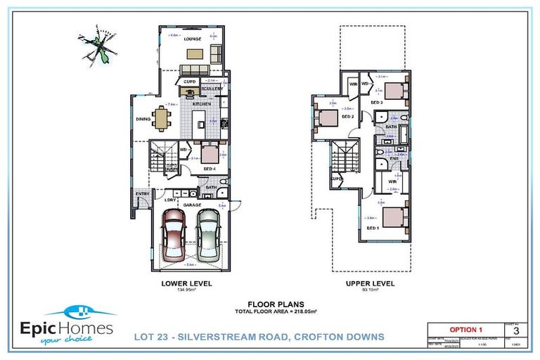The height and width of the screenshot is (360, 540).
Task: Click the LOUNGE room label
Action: [193, 39]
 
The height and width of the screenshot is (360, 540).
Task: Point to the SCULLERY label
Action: [212, 89]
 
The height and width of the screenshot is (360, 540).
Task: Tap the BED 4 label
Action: [210, 169]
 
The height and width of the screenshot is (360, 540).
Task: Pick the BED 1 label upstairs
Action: [373, 229]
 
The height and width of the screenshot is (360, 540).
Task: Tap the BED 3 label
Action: [377, 103]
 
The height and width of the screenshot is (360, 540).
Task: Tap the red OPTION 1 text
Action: [465, 329]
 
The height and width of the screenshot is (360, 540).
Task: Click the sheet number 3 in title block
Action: [517, 329]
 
